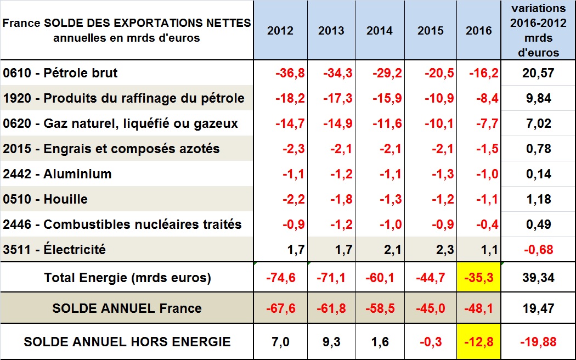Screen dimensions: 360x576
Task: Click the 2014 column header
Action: [x=379, y=31]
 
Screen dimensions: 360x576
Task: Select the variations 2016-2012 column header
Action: [x=538, y=31]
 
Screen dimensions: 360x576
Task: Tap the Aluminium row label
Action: [x=57, y=174]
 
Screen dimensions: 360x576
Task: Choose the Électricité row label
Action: [x=54, y=250]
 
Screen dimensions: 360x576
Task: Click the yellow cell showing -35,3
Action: [x=479, y=278]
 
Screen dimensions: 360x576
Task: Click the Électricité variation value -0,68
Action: [x=538, y=250]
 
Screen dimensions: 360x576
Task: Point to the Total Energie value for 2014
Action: [x=379, y=278]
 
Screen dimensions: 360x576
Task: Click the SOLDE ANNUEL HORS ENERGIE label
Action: [x=127, y=342]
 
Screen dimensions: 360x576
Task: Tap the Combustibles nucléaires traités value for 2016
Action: [x=484, y=224]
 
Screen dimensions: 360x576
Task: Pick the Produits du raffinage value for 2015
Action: [x=436, y=99]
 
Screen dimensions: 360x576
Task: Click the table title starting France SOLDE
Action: [x=127, y=31]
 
